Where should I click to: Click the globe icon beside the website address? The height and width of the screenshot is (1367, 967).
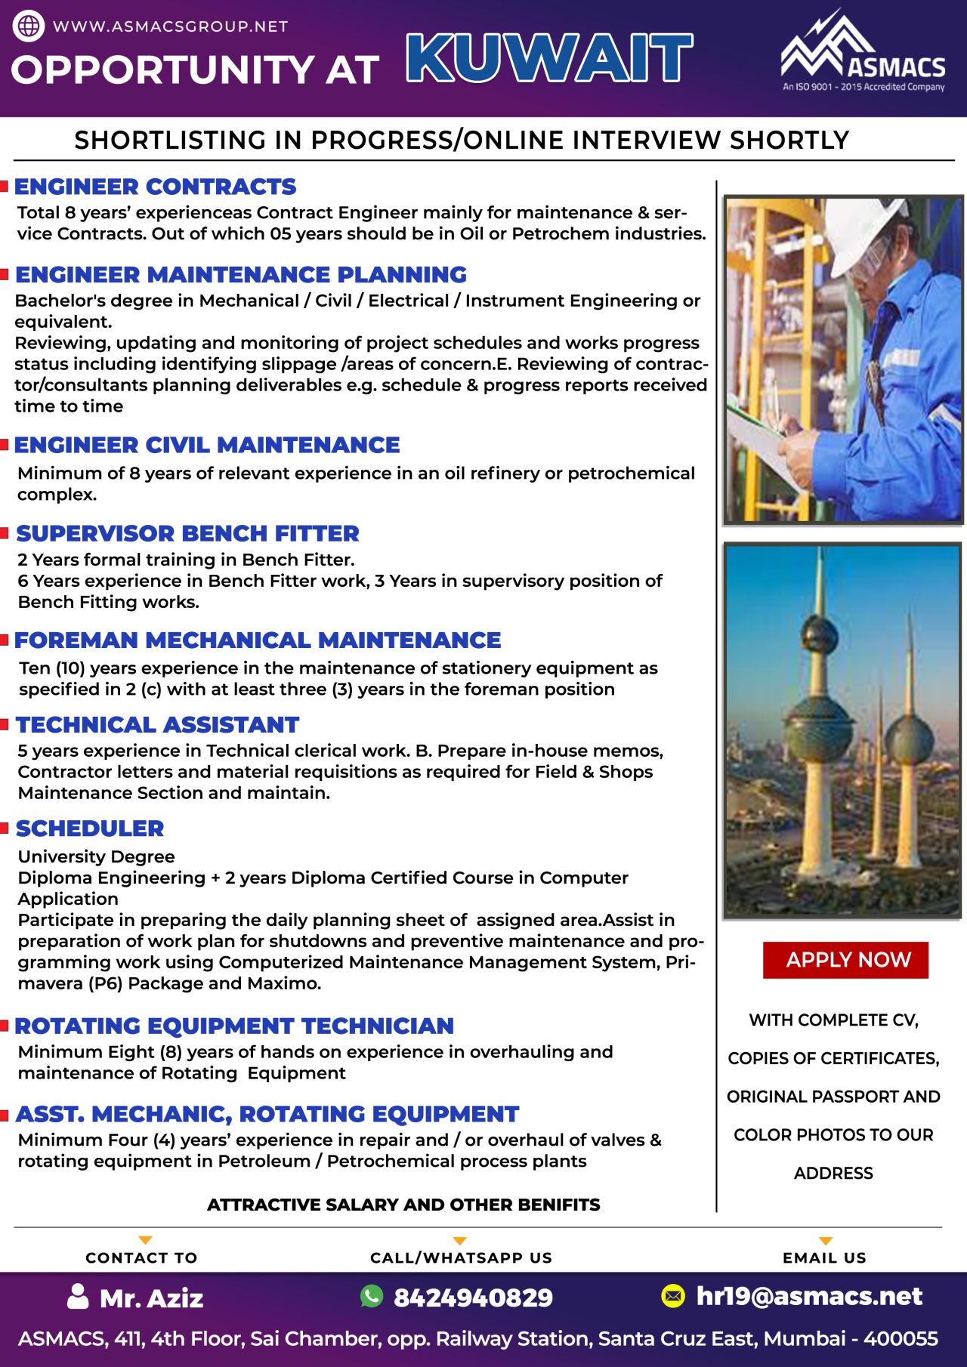(x=29, y=26)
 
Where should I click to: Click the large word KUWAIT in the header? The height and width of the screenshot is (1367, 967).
(x=549, y=58)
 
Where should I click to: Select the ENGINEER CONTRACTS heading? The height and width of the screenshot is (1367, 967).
(x=155, y=187)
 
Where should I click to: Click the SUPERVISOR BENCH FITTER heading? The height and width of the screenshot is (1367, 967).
(x=187, y=533)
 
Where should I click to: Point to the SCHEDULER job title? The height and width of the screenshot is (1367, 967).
(x=90, y=829)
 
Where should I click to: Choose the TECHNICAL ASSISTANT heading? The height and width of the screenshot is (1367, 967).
(x=157, y=725)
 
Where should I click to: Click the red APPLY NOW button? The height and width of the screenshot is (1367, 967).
(x=845, y=960)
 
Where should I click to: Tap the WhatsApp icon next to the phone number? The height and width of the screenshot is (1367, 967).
(x=372, y=1296)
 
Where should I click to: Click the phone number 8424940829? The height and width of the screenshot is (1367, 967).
(x=473, y=1298)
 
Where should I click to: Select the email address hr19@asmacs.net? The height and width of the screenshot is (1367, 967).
(x=809, y=1296)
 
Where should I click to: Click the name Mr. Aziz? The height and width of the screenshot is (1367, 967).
(x=151, y=1298)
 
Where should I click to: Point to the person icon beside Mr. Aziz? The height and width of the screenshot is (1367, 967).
(x=78, y=1296)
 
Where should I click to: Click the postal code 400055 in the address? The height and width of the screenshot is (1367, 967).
(x=901, y=1339)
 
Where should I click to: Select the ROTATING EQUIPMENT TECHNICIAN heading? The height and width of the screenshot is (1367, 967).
(x=234, y=1026)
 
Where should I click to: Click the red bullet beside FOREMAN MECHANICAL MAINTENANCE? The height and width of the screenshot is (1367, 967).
(x=5, y=640)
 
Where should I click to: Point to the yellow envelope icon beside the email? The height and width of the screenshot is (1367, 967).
(x=672, y=1296)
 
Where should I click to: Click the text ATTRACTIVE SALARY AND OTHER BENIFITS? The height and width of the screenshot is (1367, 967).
(x=403, y=1205)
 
